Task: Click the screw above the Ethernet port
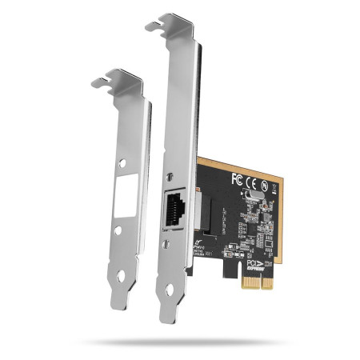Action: pos(167,176)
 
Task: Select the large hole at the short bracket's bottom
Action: pos(122,277)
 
